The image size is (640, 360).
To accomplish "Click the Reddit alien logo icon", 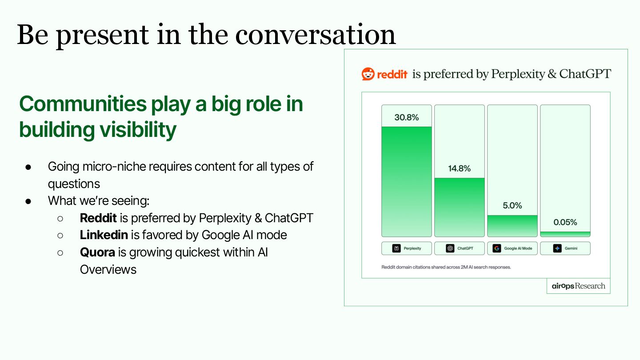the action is coord(368,74).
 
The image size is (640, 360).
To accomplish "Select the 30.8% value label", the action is coord(406,117).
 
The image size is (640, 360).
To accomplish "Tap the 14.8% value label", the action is coord(459,168).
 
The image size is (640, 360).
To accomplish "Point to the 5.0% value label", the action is coord(512,205).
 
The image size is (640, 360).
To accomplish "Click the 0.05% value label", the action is coord(565,222).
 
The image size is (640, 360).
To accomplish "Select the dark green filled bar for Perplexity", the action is coord(406,182).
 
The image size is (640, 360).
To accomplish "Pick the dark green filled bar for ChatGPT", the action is coord(459,208).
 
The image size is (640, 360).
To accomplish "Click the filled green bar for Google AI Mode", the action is coord(512,226).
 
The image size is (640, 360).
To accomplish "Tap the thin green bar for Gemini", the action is coord(565,234).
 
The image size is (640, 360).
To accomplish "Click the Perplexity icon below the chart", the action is coord(396,248).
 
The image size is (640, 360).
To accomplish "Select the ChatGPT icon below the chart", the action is coord(450,248).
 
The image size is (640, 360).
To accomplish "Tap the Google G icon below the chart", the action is coord(496,248).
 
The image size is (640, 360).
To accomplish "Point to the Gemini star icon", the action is coord(557,248).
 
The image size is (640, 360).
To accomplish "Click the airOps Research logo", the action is coord(578,286).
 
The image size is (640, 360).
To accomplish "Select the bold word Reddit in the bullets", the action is coord(98,218).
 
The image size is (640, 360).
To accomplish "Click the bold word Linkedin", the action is coord(104,235).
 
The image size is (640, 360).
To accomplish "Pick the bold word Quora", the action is coord(97,252).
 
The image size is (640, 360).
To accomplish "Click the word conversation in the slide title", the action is coord(316,35).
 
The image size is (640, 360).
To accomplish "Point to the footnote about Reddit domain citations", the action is coord(446,267).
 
